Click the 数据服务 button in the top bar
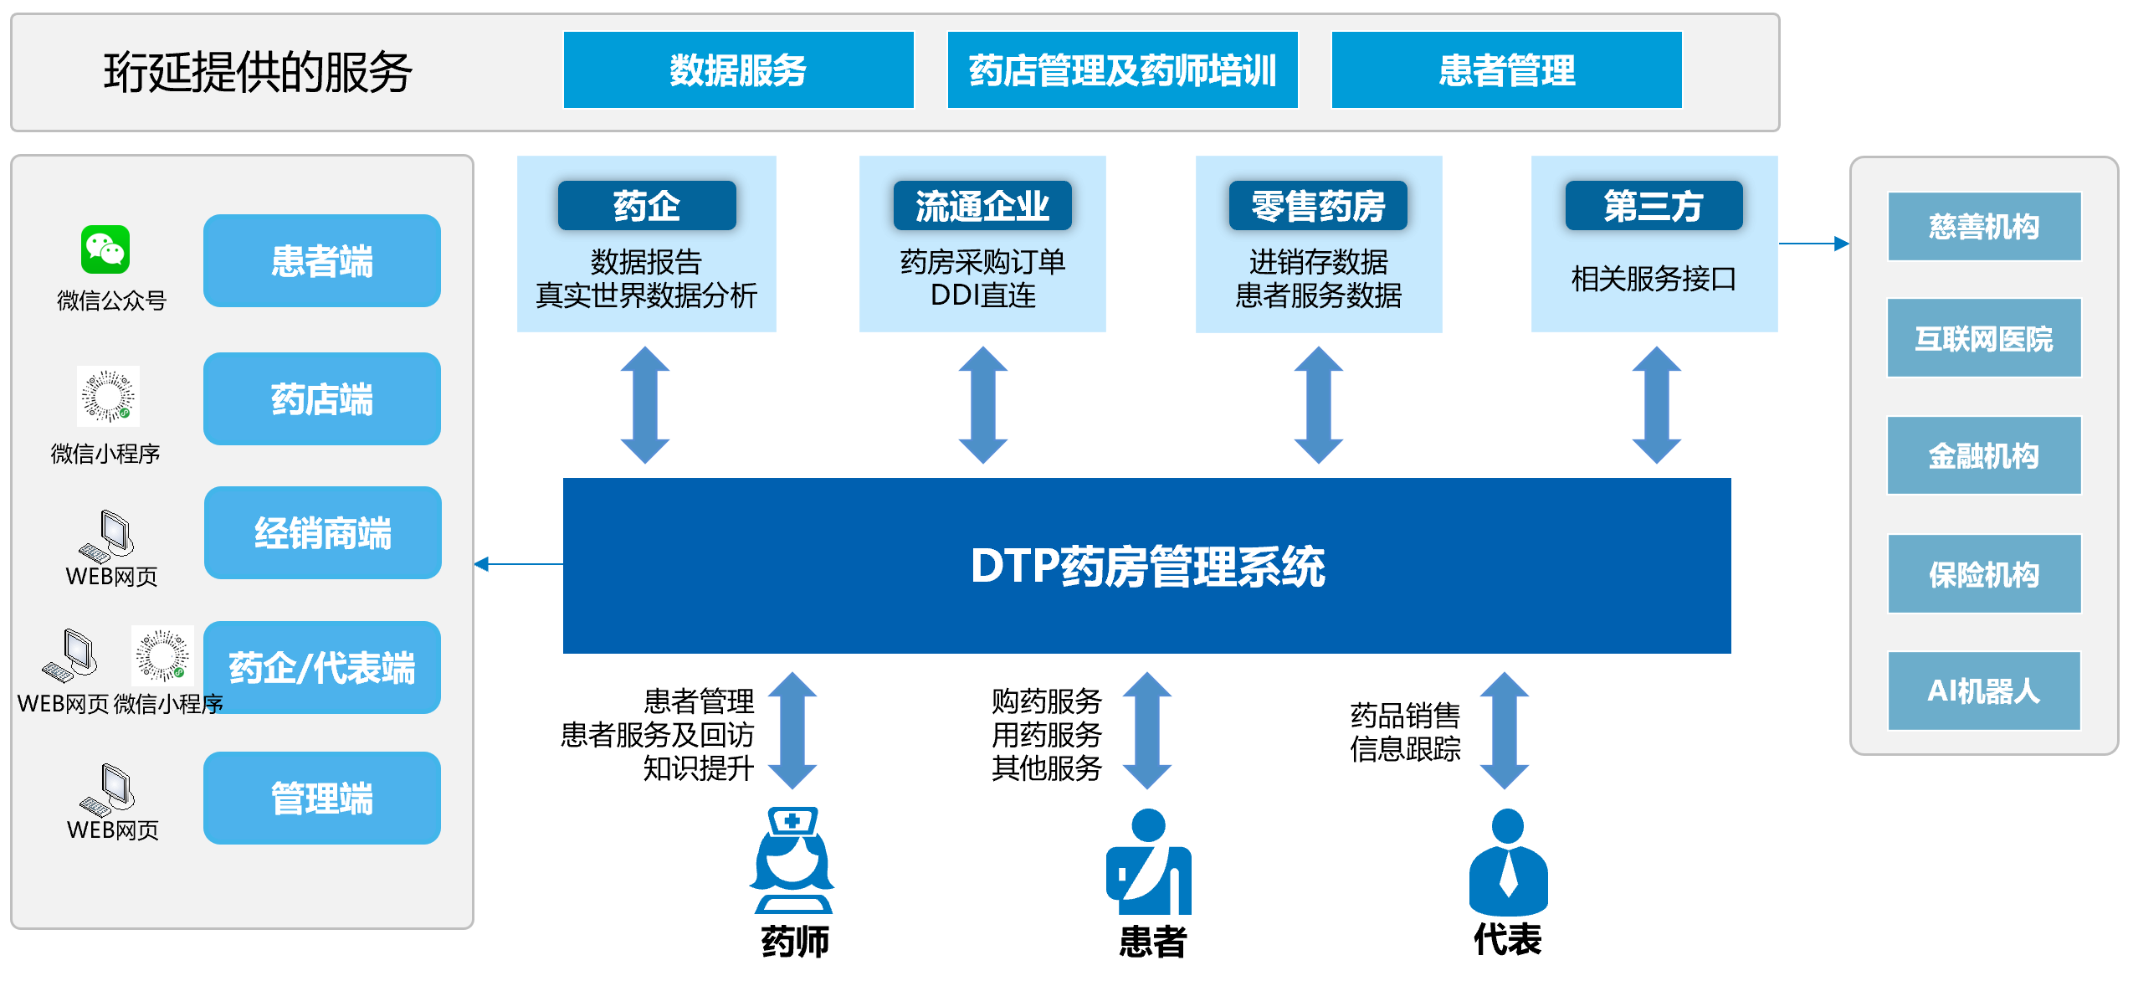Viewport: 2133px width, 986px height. tap(738, 70)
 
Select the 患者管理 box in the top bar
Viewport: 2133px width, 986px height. tap(1506, 70)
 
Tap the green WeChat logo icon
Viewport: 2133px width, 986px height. tap(105, 249)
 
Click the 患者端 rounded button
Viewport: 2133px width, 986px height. tap(322, 261)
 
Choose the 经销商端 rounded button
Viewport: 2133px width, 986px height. tap(322, 533)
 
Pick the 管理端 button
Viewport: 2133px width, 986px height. tap(322, 798)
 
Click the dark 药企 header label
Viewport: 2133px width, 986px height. tap(647, 206)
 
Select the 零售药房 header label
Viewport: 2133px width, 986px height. tap(1318, 206)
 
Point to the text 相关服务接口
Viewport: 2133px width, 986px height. tap(1654, 279)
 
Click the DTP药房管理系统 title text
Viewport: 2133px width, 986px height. tap(1147, 566)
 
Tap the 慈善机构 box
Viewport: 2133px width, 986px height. tap(1984, 227)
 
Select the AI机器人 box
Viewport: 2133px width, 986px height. tap(1984, 691)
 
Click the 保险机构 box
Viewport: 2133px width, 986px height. tap(1984, 574)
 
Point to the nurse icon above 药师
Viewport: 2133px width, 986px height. tap(792, 860)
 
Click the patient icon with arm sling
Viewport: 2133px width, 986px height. tap(1148, 861)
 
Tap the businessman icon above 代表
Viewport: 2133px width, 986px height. tap(1508, 861)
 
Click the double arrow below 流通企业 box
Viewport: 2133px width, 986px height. tap(982, 405)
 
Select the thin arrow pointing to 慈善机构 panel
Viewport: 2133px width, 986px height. tap(1813, 244)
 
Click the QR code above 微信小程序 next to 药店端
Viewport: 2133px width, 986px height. tap(108, 396)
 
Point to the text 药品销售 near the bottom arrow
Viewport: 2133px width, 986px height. tap(1405, 716)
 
